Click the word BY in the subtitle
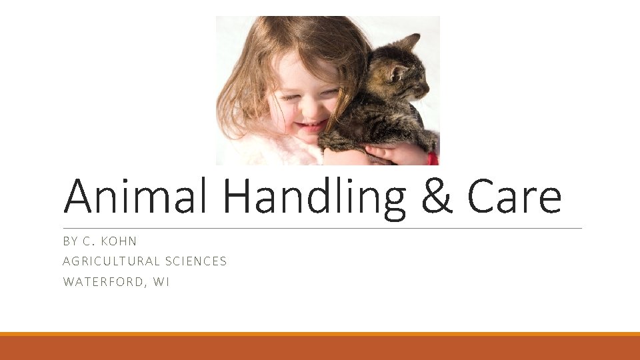click(70, 241)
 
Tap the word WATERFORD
click(103, 282)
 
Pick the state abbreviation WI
click(161, 282)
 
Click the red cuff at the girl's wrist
click(433, 158)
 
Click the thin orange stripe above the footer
click(320, 334)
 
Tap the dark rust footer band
click(320, 349)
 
